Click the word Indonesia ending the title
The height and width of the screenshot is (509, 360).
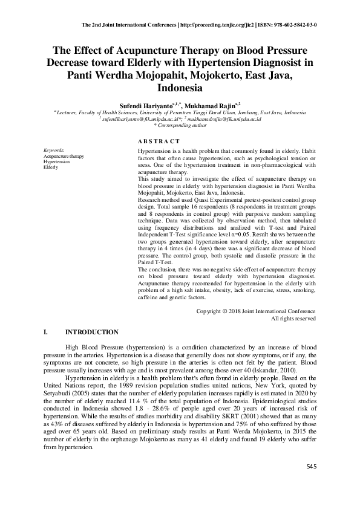pyautogui.click(x=180, y=88)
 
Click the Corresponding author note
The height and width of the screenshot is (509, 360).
pyautogui.click(x=180, y=125)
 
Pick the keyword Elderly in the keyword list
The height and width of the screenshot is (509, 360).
pyautogui.click(x=51, y=167)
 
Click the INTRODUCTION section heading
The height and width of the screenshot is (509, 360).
pyautogui.click(x=91, y=332)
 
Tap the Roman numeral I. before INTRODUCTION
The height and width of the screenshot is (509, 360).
pyautogui.click(x=46, y=332)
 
